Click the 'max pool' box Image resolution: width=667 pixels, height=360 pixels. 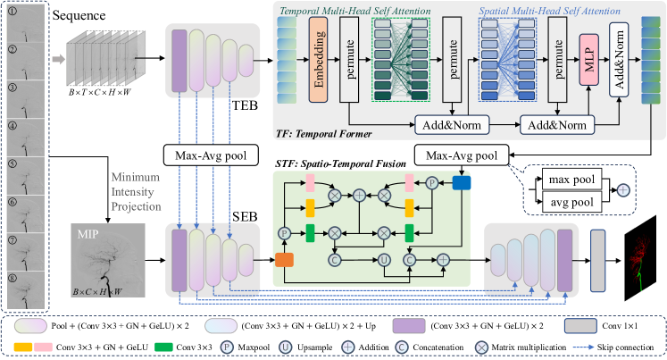click(x=571, y=182)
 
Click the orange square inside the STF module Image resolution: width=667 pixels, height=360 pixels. click(x=285, y=260)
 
